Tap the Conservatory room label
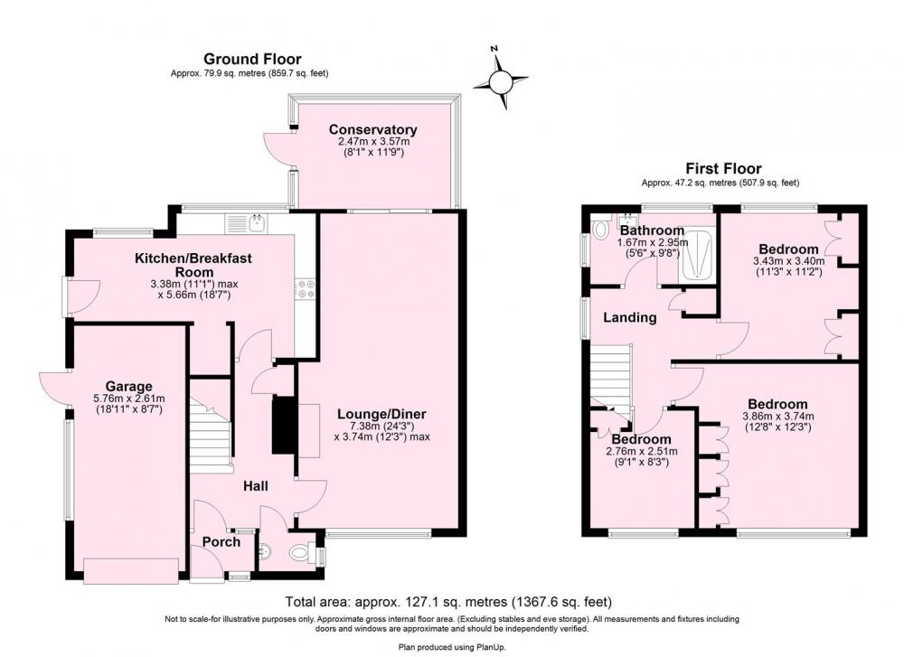point(372,129)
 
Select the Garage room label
point(128,386)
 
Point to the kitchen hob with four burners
point(304,288)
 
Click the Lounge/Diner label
point(381,414)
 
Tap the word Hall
point(255,486)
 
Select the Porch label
point(221,541)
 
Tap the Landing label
point(629,317)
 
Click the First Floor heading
point(723,168)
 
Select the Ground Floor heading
point(252,59)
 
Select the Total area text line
point(448,602)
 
